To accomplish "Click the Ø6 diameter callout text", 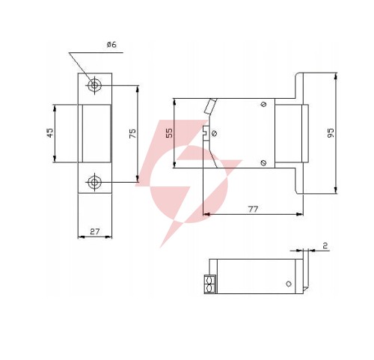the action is click(111, 45).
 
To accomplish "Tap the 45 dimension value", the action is click(50, 132).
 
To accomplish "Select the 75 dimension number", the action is click(132, 133).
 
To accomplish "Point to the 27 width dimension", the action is click(95, 231).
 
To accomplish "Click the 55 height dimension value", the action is click(169, 132).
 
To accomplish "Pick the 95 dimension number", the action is click(331, 133).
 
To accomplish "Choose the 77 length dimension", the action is click(254, 209).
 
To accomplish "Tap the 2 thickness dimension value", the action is click(325, 246).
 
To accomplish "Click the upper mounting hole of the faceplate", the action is click(94, 85).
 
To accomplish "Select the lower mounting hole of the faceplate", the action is click(94, 182).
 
